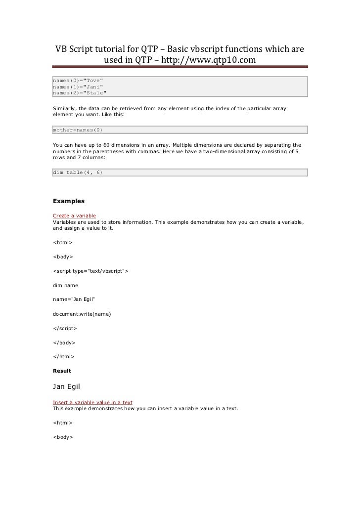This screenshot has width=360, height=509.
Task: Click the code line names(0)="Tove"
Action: pos(79,80)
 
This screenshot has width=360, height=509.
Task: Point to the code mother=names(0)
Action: pos(78,130)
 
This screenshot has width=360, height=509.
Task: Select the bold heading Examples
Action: pos(69,201)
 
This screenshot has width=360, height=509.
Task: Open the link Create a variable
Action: pos(74,216)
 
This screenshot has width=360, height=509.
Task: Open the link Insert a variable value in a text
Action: pos(92,402)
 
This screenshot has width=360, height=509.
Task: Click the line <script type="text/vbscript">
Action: pos(90,271)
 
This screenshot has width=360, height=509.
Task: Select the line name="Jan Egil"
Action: pos(74,299)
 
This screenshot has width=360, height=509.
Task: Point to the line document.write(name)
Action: pos(82,314)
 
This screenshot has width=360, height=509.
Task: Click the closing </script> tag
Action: pos(65,328)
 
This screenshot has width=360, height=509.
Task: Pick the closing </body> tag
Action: pos(63,342)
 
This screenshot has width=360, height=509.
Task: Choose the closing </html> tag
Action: pos(63,356)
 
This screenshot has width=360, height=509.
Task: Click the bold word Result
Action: pos(62,371)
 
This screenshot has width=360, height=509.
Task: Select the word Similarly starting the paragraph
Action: pos(66,108)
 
